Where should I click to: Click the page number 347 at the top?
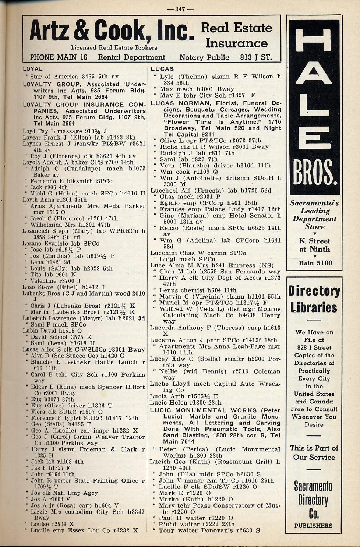(180, 9)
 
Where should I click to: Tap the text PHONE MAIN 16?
(59, 57)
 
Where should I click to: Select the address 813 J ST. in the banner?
(256, 57)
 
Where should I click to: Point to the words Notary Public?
(204, 57)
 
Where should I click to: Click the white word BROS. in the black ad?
(314, 173)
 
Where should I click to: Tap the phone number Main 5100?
(315, 263)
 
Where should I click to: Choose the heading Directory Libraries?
(314, 299)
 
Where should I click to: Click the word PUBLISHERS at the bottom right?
(313, 526)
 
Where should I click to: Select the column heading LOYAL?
(33, 69)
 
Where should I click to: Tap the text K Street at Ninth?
(314, 245)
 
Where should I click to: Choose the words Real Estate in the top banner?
(236, 28)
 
